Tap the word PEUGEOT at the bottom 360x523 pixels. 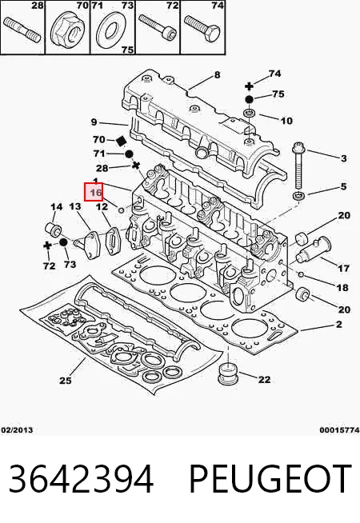270,479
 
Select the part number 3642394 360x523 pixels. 81,479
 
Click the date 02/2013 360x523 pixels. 17,430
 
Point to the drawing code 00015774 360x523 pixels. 339,430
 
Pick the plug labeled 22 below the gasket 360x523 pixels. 228,373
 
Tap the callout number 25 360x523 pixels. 66,380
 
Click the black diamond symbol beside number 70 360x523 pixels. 121,141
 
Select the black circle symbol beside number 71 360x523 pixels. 129,154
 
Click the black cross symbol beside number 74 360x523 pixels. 249,86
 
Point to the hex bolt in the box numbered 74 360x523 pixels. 201,30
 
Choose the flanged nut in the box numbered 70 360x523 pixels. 68,30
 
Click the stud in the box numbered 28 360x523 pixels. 22,30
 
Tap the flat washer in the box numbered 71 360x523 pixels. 111,30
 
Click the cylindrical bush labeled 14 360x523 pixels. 53,228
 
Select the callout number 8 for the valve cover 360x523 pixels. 218,74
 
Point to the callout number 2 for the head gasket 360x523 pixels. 338,324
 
